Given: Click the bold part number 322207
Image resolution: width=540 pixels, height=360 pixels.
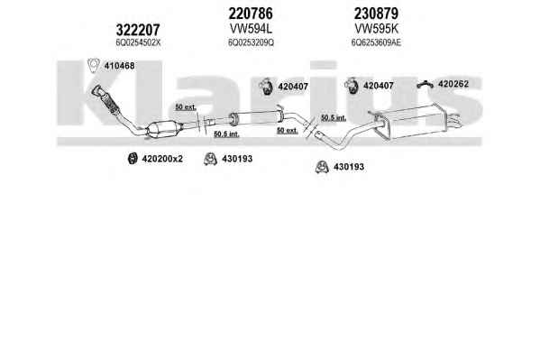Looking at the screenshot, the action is pyautogui.click(x=138, y=30).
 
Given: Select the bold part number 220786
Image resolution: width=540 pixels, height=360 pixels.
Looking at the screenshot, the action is pyautogui.click(x=251, y=14).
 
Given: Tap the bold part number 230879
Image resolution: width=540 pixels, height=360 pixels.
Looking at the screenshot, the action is pyautogui.click(x=376, y=14).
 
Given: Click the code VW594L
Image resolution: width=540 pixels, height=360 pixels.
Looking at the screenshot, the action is pyautogui.click(x=251, y=29).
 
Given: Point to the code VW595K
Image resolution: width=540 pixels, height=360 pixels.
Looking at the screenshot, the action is pyautogui.click(x=377, y=29).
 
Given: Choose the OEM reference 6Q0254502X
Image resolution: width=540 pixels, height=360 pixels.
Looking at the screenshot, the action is pyautogui.click(x=138, y=42).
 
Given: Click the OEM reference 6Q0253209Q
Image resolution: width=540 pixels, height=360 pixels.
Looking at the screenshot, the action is pyautogui.click(x=251, y=42).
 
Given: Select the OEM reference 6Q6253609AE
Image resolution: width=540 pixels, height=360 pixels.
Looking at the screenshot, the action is pyautogui.click(x=376, y=42).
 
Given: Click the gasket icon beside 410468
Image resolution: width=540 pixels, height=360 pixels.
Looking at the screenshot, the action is pyautogui.click(x=93, y=65).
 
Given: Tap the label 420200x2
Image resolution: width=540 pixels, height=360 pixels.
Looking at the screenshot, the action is pyautogui.click(x=162, y=159).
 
